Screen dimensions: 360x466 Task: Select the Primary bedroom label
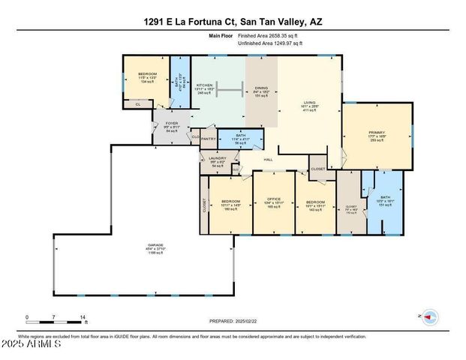click(x=377, y=136)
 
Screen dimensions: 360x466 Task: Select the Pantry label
click(x=209, y=139)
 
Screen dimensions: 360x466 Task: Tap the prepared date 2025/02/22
click(x=232, y=321)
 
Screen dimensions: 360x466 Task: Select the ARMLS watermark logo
click(x=32, y=346)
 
